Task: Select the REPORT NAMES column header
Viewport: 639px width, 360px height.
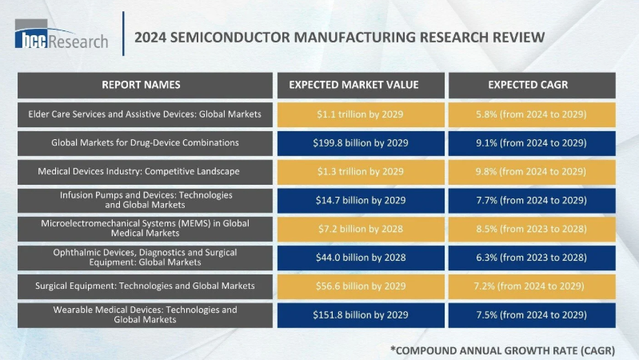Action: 141,85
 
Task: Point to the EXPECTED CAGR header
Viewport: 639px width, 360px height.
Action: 532,85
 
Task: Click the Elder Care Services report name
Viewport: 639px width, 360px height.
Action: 141,114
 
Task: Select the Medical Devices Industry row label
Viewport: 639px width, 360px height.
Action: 141,171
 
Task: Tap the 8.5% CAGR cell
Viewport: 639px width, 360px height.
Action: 532,229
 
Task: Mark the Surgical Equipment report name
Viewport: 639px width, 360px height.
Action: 141,286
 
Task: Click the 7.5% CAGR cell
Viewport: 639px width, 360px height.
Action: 532,314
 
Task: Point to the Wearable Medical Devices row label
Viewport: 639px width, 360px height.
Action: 141,314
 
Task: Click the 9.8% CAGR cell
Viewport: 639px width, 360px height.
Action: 532,171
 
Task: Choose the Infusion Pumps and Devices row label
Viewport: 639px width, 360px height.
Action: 141,200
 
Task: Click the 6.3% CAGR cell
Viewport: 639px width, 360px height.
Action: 532,257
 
